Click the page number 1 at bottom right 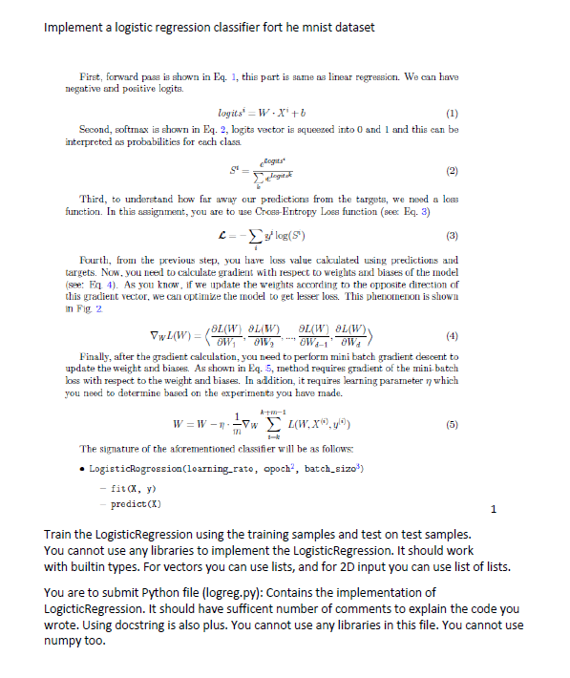[489, 511]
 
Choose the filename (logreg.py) [241, 595]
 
